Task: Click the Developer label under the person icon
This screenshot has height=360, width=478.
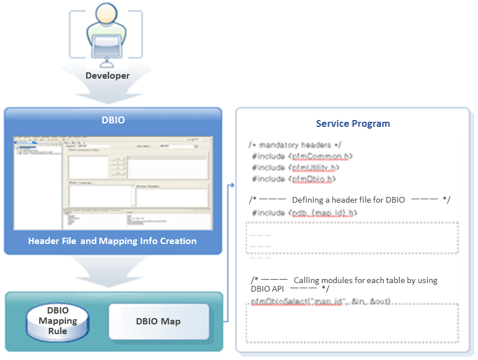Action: (107, 76)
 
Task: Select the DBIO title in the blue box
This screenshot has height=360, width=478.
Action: (112, 121)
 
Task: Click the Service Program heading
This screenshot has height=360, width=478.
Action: (353, 123)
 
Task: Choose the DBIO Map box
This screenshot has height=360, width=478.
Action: (158, 322)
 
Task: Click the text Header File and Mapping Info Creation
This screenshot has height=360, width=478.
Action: (112, 241)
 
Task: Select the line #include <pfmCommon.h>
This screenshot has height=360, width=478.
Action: (302, 156)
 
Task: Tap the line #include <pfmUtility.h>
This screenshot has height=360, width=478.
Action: (296, 168)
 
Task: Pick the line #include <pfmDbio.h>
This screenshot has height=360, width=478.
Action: (294, 179)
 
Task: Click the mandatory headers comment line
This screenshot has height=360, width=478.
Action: (296, 145)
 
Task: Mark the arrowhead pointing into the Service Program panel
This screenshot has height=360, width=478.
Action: (232, 185)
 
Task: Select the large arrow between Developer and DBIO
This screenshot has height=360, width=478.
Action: (107, 92)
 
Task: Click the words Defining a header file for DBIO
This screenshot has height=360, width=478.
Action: (348, 200)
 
